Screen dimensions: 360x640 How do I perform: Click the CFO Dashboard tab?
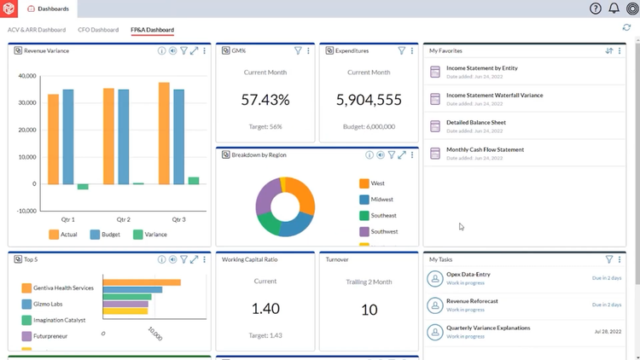tap(98, 30)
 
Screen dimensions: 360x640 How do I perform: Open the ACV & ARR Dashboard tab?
tap(37, 30)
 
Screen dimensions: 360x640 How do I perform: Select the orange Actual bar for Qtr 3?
tap(164, 132)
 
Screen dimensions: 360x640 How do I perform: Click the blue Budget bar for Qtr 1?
tap(68, 136)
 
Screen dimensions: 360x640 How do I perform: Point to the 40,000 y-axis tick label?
tap(26, 76)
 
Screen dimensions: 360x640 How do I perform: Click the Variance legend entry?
tap(149, 235)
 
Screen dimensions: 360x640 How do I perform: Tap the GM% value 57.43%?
tap(265, 100)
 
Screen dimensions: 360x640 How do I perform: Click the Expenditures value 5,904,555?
tap(369, 100)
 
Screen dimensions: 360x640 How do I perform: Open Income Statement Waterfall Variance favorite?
tap(493, 96)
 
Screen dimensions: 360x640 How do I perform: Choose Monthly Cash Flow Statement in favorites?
tap(485, 150)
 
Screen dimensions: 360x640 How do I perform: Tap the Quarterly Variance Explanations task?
tap(488, 328)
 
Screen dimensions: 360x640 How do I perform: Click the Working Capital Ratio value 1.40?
tap(265, 309)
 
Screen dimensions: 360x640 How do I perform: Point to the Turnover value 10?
tap(369, 310)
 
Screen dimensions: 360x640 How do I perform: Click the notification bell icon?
tap(614, 9)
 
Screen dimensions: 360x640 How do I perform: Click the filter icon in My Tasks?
tap(608, 259)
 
